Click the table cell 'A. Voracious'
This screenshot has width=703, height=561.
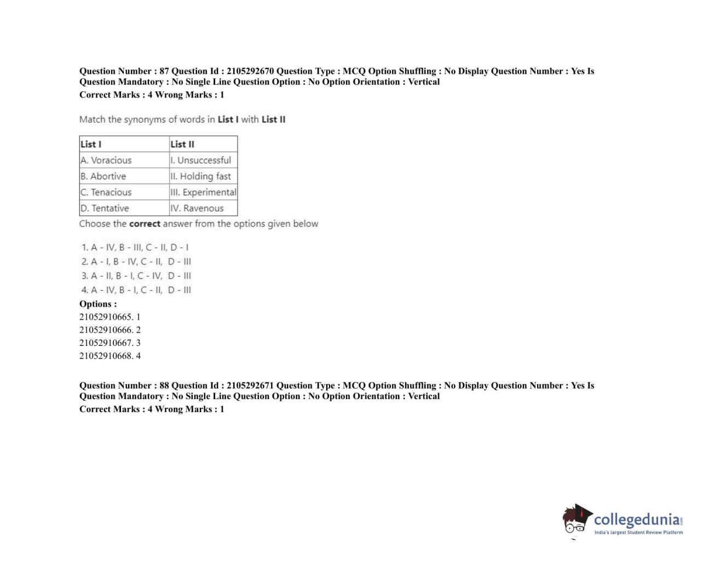pyautogui.click(x=106, y=160)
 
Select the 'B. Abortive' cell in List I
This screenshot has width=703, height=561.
pyautogui.click(x=103, y=176)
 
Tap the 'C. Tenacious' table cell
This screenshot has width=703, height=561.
pyautogui.click(x=106, y=192)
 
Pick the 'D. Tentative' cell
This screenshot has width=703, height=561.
pyautogui.click(x=105, y=208)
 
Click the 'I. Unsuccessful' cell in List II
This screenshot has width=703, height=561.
pyautogui.click(x=201, y=160)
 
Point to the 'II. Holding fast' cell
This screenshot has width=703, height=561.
pyautogui.click(x=201, y=176)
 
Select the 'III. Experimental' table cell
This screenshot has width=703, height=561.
pyautogui.click(x=203, y=192)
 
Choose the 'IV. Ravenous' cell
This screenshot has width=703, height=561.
pyautogui.click(x=197, y=208)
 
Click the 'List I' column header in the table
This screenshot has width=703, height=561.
pyautogui.click(x=91, y=144)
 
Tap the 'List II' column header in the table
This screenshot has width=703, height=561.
pyautogui.click(x=182, y=144)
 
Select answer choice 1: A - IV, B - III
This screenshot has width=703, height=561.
pyautogui.click(x=135, y=247)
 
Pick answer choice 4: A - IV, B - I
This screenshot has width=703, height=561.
pyautogui.click(x=136, y=290)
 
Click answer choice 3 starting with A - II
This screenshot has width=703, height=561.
pyautogui.click(x=136, y=276)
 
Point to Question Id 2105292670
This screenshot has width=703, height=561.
pyautogui.click(x=250, y=71)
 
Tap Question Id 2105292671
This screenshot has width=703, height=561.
pyautogui.click(x=250, y=385)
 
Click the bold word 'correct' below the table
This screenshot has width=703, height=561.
pyautogui.click(x=145, y=224)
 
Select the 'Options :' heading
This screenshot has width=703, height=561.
pyautogui.click(x=98, y=304)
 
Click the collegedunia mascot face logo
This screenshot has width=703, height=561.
pyautogui.click(x=577, y=519)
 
